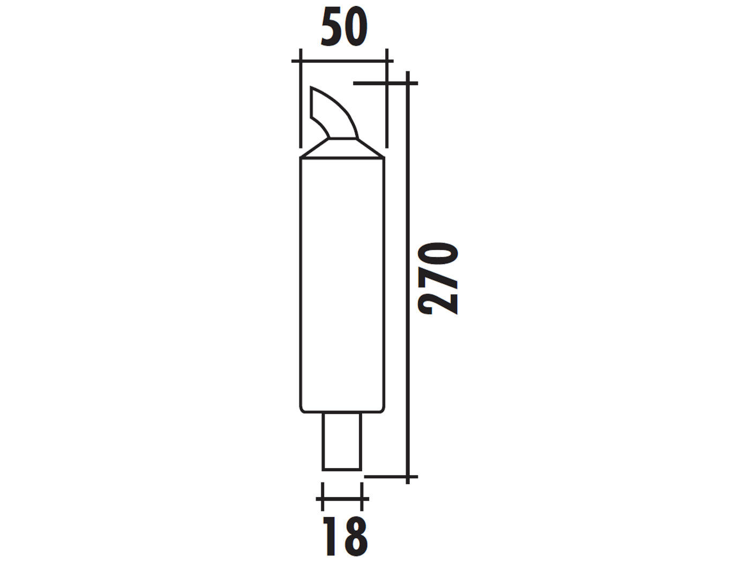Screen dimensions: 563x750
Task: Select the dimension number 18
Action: click(346, 536)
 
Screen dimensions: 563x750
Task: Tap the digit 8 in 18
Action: click(354, 536)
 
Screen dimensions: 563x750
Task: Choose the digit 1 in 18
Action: click(332, 536)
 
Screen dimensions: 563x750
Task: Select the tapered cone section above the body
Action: click(342, 149)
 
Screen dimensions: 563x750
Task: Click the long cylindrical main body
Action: click(342, 284)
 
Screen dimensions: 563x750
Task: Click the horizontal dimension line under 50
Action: click(343, 61)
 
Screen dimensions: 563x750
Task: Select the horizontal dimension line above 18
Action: click(343, 499)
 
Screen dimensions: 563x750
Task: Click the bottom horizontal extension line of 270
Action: click(386, 476)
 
